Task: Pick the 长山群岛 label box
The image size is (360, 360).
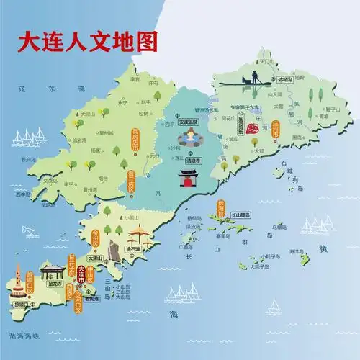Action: coord(240,215)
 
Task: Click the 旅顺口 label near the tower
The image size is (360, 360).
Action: coord(22,304)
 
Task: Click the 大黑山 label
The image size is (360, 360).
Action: coord(94,258)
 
